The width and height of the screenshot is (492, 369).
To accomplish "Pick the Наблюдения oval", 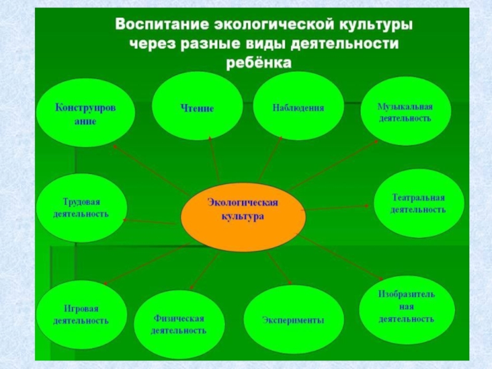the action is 298,108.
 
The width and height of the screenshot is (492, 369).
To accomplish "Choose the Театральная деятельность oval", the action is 418,204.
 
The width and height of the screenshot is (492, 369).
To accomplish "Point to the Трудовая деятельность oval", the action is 81,208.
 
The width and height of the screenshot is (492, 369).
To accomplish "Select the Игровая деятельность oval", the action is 81,314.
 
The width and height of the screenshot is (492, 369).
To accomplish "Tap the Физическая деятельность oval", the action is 179,324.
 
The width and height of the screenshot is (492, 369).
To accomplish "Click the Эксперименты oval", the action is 293,320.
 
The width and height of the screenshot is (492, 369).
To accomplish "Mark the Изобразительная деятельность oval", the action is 407,307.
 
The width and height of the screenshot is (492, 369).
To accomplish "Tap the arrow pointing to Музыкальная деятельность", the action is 335,164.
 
